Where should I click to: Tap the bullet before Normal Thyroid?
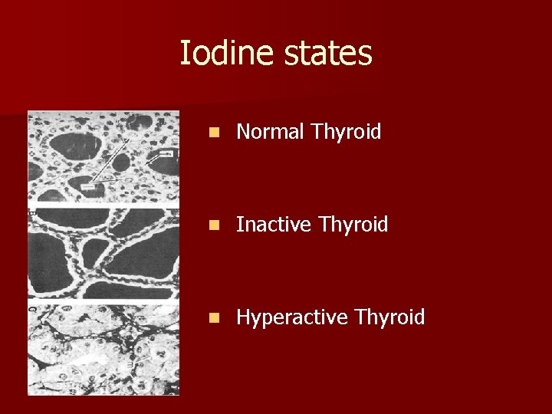point(218,133)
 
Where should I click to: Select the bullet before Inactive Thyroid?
point(218,225)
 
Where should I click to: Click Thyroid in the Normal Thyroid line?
point(346,133)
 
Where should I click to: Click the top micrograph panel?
point(103,157)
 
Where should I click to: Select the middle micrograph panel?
point(103,253)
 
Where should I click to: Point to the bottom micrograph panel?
point(103,349)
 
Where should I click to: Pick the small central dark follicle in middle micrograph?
point(94,252)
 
